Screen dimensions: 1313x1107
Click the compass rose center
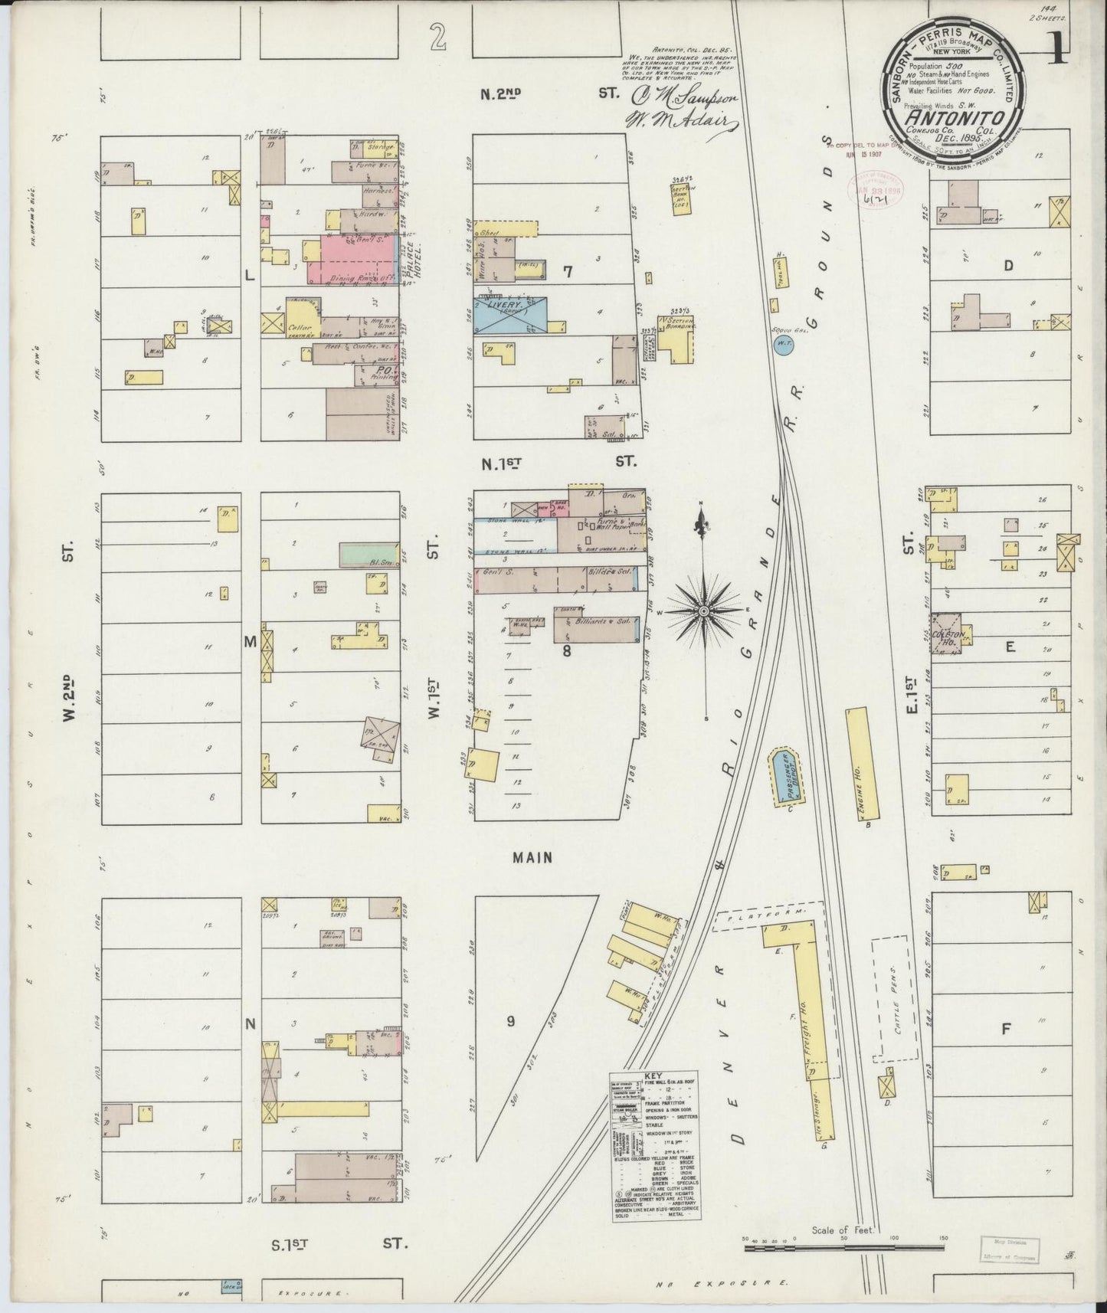point(703,611)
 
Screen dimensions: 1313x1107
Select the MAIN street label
point(533,858)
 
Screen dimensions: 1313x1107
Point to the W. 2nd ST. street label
point(67,697)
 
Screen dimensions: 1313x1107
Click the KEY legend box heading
point(653,1076)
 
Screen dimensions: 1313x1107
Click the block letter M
point(251,642)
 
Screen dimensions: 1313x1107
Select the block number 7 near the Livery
point(568,270)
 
